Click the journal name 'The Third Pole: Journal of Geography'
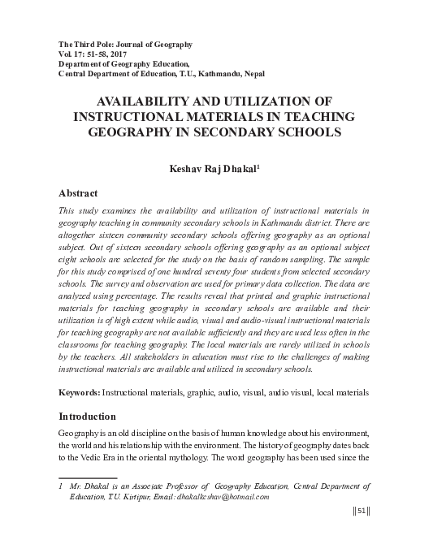point(125,41)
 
